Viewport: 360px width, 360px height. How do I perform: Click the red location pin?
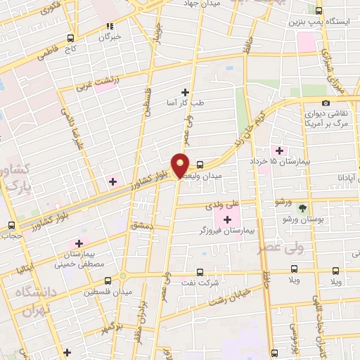[x=181, y=165]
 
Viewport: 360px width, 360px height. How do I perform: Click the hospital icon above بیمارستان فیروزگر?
[x=228, y=220]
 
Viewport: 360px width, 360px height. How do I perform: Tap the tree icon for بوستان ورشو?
[x=302, y=208]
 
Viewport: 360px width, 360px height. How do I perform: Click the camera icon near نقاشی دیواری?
[x=326, y=103]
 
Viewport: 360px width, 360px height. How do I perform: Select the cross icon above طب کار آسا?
[x=186, y=92]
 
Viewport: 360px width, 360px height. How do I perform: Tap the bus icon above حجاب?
[x=11, y=225]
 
